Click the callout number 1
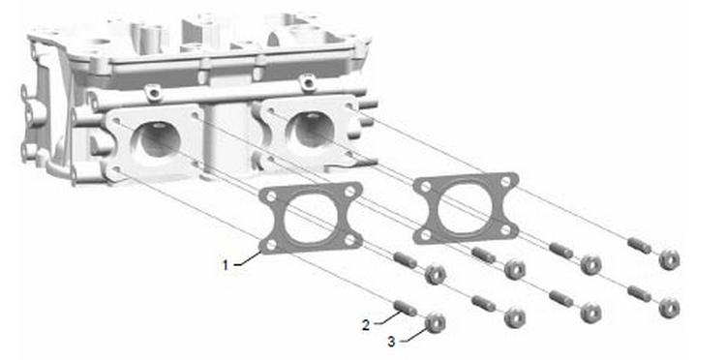226,265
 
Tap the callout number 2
366,325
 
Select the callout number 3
392,343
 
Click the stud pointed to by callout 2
406,308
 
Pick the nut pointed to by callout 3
436,322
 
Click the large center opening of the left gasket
311,218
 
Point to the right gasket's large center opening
466,205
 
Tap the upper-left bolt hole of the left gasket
271,196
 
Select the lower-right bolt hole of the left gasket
349,239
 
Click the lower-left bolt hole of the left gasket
271,244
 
